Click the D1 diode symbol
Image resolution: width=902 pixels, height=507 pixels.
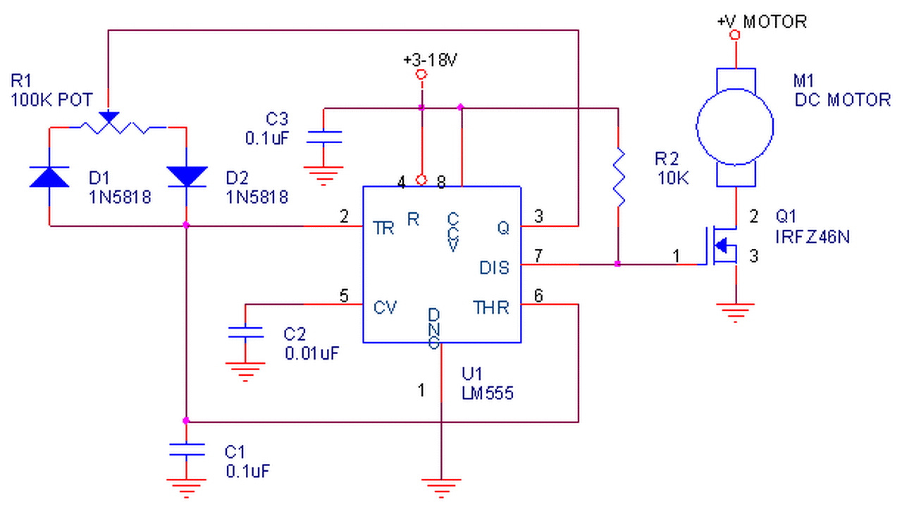pyautogui.click(x=49, y=176)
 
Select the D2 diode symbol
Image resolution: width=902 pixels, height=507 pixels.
pyautogui.click(x=186, y=176)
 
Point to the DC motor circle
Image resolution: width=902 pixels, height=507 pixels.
pyautogui.click(x=735, y=127)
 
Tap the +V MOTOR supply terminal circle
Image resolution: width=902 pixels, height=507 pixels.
pyautogui.click(x=735, y=35)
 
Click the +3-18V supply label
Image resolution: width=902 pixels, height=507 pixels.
pyautogui.click(x=430, y=60)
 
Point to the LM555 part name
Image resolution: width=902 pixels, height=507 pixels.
pyautogui.click(x=488, y=393)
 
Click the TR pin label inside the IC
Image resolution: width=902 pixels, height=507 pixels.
pyautogui.click(x=384, y=227)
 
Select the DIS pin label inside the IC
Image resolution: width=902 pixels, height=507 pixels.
pyautogui.click(x=494, y=268)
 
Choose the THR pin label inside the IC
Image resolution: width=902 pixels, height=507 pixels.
pyautogui.click(x=491, y=308)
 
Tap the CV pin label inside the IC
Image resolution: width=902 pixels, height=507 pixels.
pyautogui.click(x=385, y=307)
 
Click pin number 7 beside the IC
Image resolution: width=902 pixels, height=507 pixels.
pyautogui.click(x=538, y=256)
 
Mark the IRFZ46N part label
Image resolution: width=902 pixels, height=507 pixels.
pyautogui.click(x=813, y=237)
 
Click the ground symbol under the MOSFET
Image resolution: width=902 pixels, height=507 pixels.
pyautogui.click(x=735, y=311)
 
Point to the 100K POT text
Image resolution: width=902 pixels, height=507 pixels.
pyautogui.click(x=51, y=99)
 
